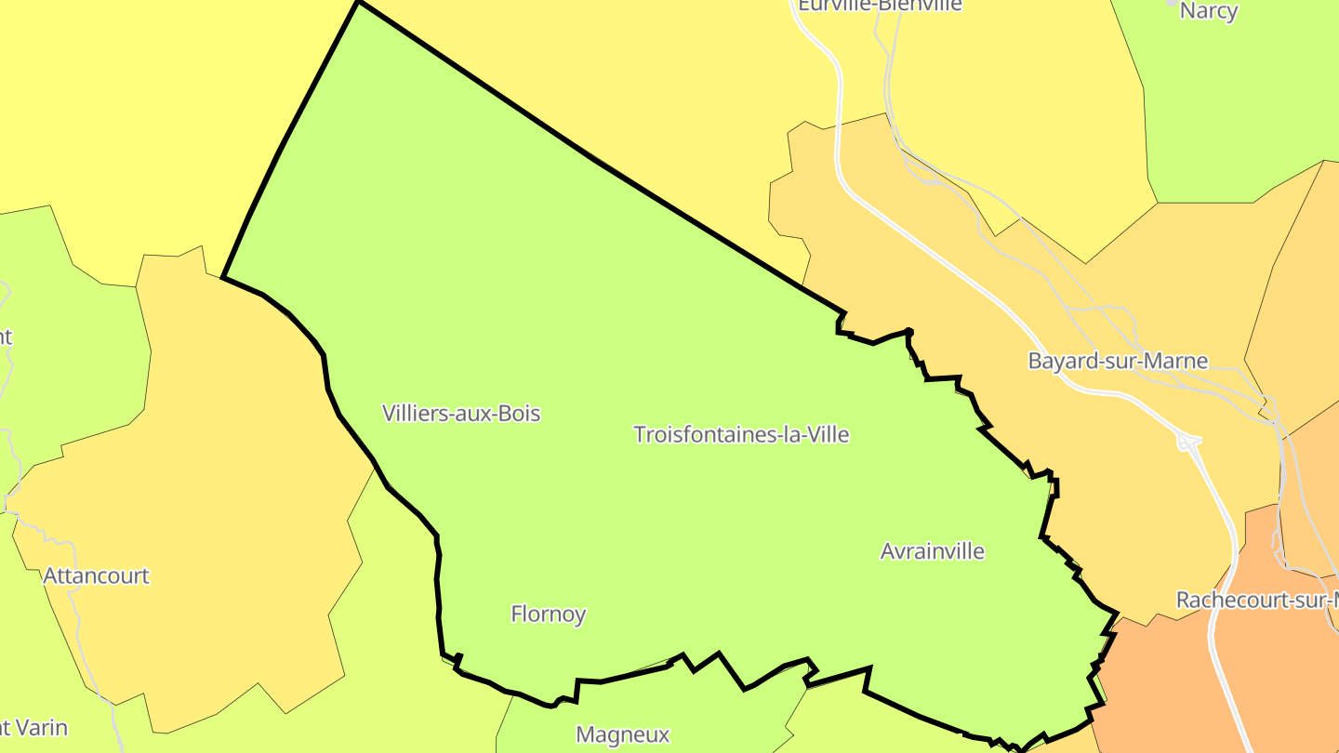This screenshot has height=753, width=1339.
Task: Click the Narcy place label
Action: [x=1208, y=11]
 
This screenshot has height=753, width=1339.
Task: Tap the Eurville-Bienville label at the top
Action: [x=880, y=5]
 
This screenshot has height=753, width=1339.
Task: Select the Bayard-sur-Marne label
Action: [x=1118, y=361]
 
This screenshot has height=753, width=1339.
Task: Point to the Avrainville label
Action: [x=932, y=551]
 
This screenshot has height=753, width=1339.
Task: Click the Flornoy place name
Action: [x=549, y=614]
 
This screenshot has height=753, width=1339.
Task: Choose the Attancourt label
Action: [x=96, y=575]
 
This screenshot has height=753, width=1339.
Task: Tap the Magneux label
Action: [x=623, y=734]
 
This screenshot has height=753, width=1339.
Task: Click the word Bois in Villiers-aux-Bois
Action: [x=518, y=413]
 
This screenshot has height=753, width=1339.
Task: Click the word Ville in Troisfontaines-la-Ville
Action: [x=826, y=434]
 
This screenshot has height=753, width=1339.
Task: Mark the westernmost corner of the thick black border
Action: [x=223, y=277]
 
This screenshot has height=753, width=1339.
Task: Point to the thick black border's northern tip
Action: [x=359, y=3]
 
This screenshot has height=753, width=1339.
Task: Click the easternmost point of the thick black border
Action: [x=1116, y=614]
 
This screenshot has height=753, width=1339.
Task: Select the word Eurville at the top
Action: [x=833, y=5]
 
